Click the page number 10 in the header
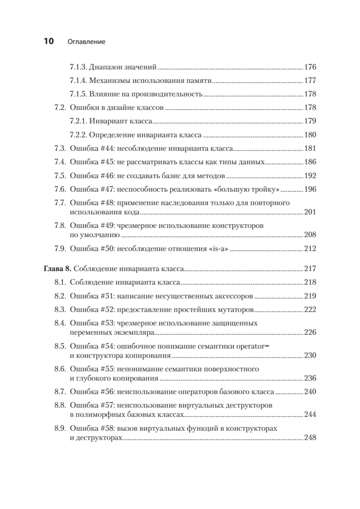coord(47,42)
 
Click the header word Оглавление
coord(86,42)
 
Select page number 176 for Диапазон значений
coord(310,67)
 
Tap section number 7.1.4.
coord(78,81)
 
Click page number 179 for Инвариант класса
coord(310,121)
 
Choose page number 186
coord(310,162)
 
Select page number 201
coord(310,212)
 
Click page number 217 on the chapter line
coord(310,268)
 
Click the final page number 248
coord(310,438)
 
